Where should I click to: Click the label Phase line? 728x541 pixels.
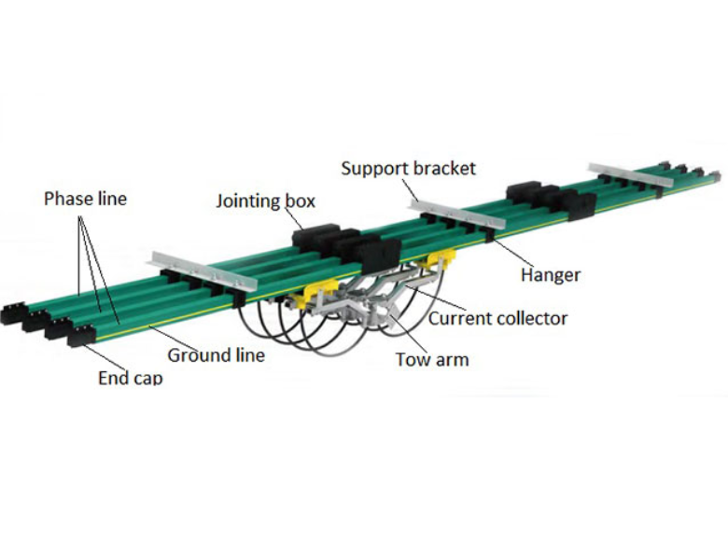[85, 199]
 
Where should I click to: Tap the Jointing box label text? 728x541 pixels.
[265, 201]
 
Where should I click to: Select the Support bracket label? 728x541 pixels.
[408, 169]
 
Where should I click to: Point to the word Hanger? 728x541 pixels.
[550, 274]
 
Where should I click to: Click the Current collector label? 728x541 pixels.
[497, 318]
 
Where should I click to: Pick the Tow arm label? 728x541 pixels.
[432, 358]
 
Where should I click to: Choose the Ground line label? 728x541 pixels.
[216, 354]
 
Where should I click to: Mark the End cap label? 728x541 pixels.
[130, 378]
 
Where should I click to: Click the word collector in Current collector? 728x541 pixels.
[531, 318]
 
